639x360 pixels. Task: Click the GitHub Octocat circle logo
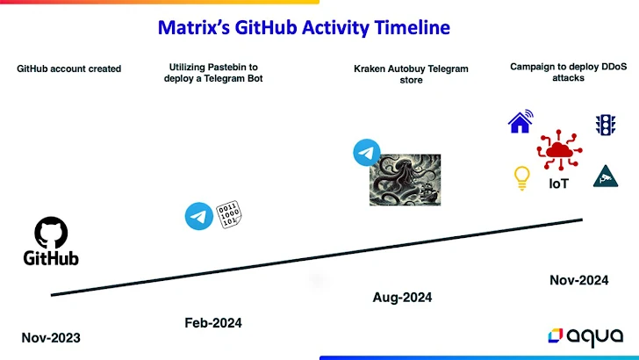pyautogui.click(x=51, y=233)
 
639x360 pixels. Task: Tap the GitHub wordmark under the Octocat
pyautogui.click(x=51, y=258)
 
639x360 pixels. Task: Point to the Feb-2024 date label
pyautogui.click(x=212, y=323)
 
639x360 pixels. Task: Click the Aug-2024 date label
pyautogui.click(x=402, y=298)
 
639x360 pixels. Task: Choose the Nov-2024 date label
pyautogui.click(x=578, y=280)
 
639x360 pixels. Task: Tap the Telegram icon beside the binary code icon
pyautogui.click(x=199, y=215)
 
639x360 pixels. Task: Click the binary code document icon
pyautogui.click(x=229, y=213)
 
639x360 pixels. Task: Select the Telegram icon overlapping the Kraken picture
pyautogui.click(x=366, y=153)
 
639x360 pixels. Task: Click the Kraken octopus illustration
pyautogui.click(x=406, y=180)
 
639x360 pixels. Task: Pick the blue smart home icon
pyautogui.click(x=521, y=122)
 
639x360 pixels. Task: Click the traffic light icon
pyautogui.click(x=604, y=124)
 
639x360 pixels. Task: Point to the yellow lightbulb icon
pyautogui.click(x=521, y=178)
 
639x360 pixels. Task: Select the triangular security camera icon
pyautogui.click(x=603, y=176)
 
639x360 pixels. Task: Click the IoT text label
pyautogui.click(x=559, y=184)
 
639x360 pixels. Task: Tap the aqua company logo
pyautogui.click(x=586, y=335)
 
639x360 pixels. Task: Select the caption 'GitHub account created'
pyautogui.click(x=68, y=68)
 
